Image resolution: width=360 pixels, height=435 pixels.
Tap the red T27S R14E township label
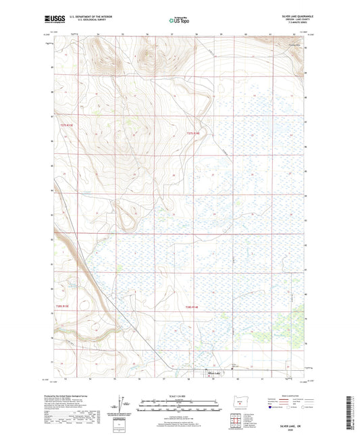193,134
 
